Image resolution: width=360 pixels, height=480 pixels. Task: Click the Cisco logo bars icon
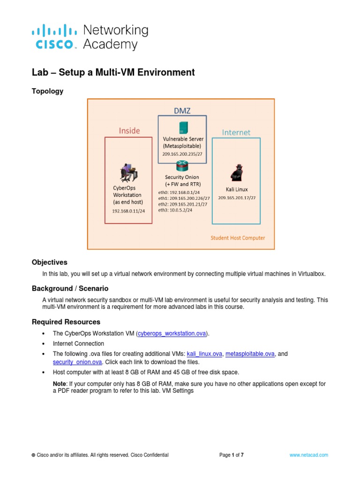54,31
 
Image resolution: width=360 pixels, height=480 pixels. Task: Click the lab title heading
113,72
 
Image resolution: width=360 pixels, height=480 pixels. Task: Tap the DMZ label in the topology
182,111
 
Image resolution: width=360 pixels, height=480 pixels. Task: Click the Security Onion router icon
182,166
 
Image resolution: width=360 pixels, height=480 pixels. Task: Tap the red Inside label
129,131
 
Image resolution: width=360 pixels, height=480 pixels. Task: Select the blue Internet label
236,132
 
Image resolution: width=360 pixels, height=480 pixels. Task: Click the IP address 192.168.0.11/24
128,211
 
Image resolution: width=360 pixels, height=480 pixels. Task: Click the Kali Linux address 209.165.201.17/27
237,197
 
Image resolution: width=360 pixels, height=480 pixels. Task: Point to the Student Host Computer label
238,238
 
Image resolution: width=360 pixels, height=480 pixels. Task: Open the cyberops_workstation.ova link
172,333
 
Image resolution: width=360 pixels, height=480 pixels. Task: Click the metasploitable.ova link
250,354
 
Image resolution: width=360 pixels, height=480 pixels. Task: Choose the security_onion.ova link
77,362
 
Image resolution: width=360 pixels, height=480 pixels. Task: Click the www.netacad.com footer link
308,455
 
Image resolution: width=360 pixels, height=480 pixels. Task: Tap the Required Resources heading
66,322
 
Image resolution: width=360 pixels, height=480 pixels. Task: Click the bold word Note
60,383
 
